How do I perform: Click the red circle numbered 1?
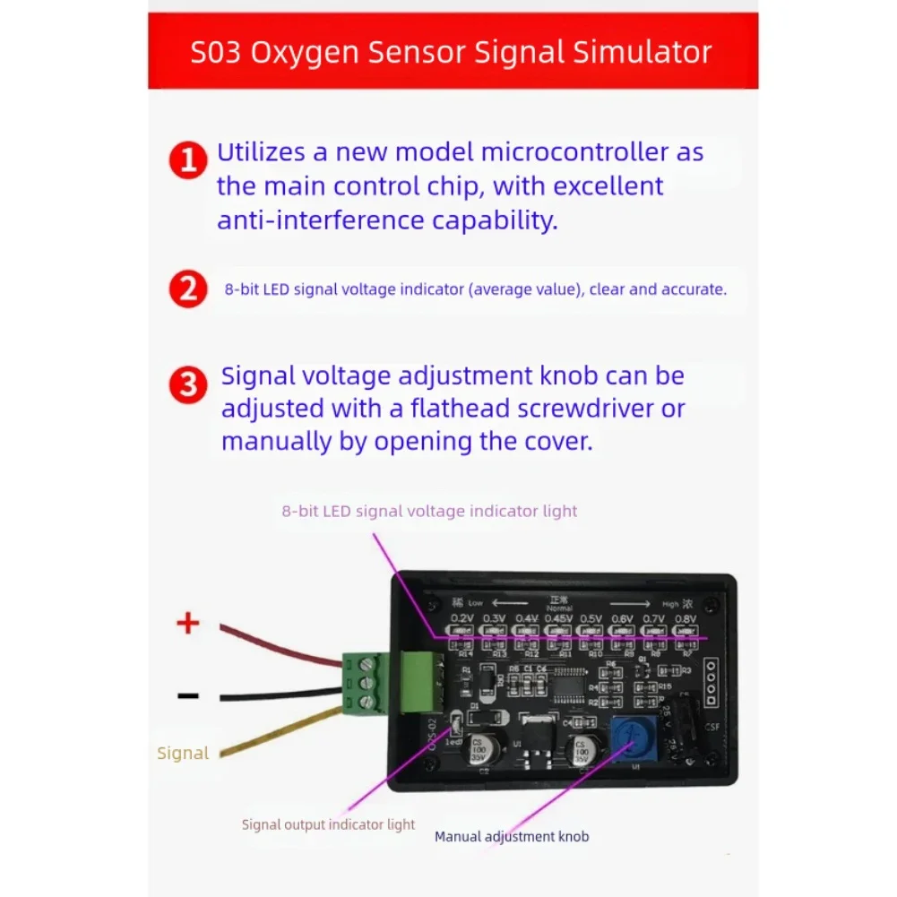click(x=188, y=161)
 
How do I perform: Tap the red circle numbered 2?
click(x=188, y=289)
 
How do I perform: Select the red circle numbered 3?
click(x=188, y=385)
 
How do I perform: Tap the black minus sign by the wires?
click(x=187, y=695)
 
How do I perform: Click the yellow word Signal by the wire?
click(x=183, y=753)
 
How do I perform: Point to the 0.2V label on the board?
click(x=462, y=618)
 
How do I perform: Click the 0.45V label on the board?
click(x=558, y=618)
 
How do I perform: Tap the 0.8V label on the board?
click(x=686, y=618)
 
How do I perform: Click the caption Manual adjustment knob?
click(x=512, y=836)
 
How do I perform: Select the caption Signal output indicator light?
click(x=328, y=824)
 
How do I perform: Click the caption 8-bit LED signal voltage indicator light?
click(x=429, y=511)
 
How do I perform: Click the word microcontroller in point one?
click(x=575, y=151)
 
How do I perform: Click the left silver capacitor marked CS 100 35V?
click(x=479, y=750)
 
